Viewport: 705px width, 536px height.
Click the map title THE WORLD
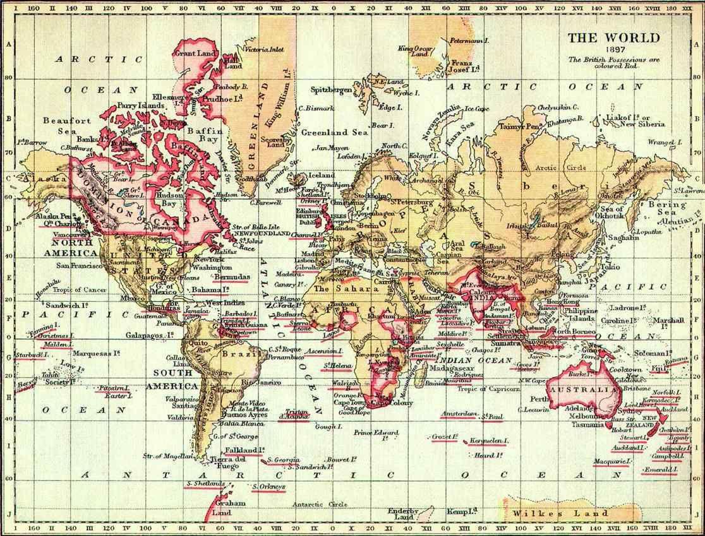pyautogui.click(x=613, y=38)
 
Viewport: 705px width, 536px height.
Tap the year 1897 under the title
pyautogui.click(x=612, y=50)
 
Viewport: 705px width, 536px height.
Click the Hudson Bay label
pyautogui.click(x=171, y=200)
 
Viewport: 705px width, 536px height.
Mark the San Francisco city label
pyautogui.click(x=80, y=266)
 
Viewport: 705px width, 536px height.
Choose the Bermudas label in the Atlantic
pyautogui.click(x=231, y=277)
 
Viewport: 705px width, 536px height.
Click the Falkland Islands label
pyautogui.click(x=243, y=450)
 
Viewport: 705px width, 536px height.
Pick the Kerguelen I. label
pyautogui.click(x=489, y=440)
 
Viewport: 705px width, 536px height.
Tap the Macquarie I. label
pyautogui.click(x=612, y=462)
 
